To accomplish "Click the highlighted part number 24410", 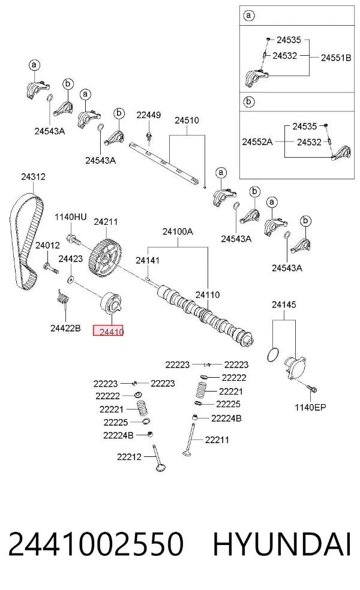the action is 109,331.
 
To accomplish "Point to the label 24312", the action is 33,176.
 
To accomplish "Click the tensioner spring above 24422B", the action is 63,297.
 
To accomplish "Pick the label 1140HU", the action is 70,217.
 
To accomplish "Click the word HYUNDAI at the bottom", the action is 282,544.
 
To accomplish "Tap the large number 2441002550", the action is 95,544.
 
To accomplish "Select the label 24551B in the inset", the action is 336,58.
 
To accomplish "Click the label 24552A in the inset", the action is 257,142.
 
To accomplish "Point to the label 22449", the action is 148,115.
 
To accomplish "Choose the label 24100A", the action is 178,232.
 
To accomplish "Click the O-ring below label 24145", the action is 273,354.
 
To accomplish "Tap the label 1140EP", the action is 310,407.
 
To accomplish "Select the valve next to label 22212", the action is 159,458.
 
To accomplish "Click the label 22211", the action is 217,440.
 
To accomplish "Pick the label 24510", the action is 187,121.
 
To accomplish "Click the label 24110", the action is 208,294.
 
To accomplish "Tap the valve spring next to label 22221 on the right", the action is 202,390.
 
